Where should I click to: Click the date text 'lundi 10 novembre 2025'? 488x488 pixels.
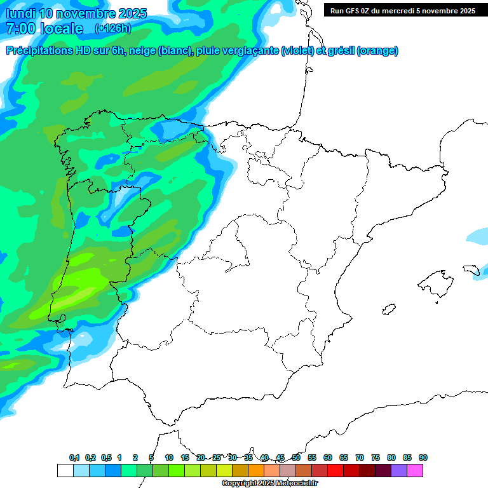76,13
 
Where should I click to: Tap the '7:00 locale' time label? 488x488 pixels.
44,29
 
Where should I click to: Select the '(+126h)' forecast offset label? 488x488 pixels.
112,29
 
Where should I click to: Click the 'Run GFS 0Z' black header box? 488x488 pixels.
402,10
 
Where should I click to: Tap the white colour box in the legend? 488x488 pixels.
65,470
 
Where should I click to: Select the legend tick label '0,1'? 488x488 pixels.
74,457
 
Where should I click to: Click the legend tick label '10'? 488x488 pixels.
169,457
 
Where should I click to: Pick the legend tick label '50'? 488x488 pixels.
296,457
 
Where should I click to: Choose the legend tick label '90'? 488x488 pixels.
423,457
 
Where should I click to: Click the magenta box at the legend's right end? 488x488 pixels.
415,470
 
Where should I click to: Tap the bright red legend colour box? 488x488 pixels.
335,470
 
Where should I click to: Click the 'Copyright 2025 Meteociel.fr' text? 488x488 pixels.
270,484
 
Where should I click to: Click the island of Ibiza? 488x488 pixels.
388,308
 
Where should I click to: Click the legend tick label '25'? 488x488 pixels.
217,457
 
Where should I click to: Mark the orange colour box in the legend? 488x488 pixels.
256,470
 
